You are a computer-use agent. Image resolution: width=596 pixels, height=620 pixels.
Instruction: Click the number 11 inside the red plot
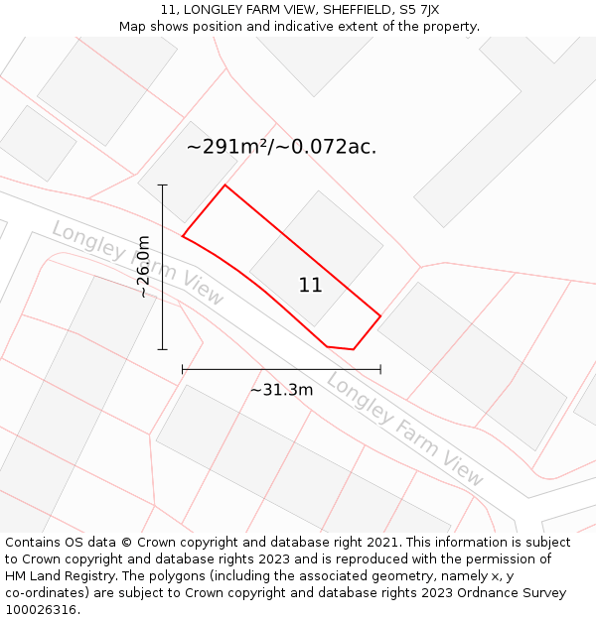[x=311, y=286]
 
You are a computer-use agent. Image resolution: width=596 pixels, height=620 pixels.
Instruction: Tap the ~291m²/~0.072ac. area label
[x=281, y=147]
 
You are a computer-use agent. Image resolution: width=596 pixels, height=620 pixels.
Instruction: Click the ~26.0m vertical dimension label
[x=144, y=266]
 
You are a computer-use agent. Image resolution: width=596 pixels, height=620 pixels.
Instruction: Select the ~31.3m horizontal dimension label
[x=281, y=390]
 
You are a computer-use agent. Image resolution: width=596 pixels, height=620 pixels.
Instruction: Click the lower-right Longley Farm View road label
[x=405, y=430]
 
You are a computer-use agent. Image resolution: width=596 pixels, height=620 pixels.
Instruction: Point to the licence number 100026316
[x=42, y=610]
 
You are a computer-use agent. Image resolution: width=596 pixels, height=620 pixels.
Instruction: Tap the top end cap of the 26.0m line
[x=162, y=185]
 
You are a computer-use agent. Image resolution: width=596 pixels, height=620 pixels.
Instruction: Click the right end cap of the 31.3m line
[x=380, y=369]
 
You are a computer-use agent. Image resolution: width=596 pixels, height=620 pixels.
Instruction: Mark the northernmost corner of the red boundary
[x=225, y=185]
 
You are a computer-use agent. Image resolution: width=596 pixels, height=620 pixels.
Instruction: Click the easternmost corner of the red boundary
[x=380, y=316]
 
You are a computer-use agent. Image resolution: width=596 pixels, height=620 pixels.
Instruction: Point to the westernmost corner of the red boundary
[x=183, y=236]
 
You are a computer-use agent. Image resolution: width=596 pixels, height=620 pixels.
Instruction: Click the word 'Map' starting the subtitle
[x=133, y=27]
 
